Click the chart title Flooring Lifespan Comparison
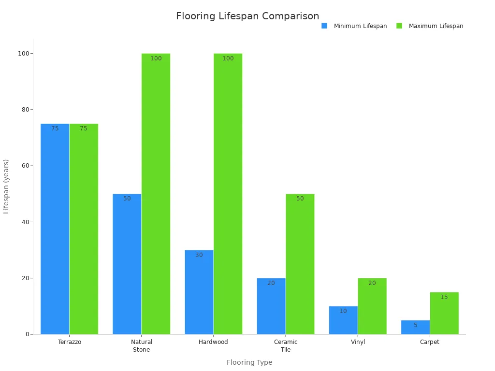click(247, 16)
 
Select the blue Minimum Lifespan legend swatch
click(324, 26)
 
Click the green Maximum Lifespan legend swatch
click(399, 26)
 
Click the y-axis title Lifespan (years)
click(6, 186)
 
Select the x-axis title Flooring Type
click(249, 362)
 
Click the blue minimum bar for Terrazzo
click(55, 229)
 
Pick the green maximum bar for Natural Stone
click(156, 194)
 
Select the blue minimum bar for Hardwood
click(199, 292)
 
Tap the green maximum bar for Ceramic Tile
click(300, 264)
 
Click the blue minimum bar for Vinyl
click(343, 320)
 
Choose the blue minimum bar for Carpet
click(415, 328)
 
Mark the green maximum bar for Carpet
click(444, 314)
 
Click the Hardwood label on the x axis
click(213, 342)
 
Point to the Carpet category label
click(430, 342)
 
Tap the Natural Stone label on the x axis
click(141, 346)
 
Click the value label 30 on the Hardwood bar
click(199, 255)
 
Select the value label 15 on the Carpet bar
click(444, 297)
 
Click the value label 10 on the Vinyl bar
click(343, 311)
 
